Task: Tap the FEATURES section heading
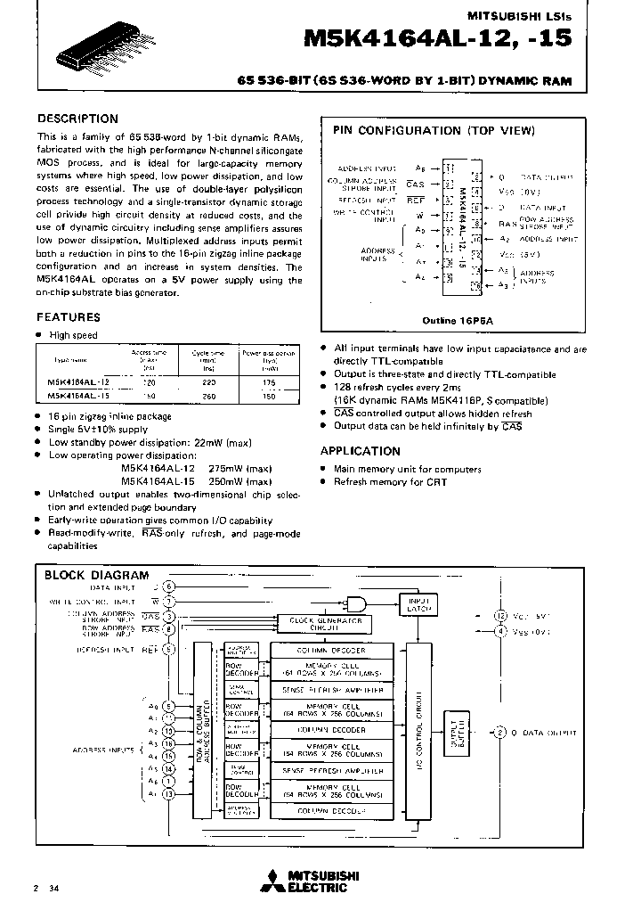click(x=68, y=316)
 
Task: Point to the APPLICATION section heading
click(x=360, y=451)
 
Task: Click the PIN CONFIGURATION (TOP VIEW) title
click(x=434, y=131)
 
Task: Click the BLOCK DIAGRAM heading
click(x=97, y=576)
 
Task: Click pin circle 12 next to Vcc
click(x=501, y=615)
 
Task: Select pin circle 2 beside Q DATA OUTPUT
click(x=501, y=733)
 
